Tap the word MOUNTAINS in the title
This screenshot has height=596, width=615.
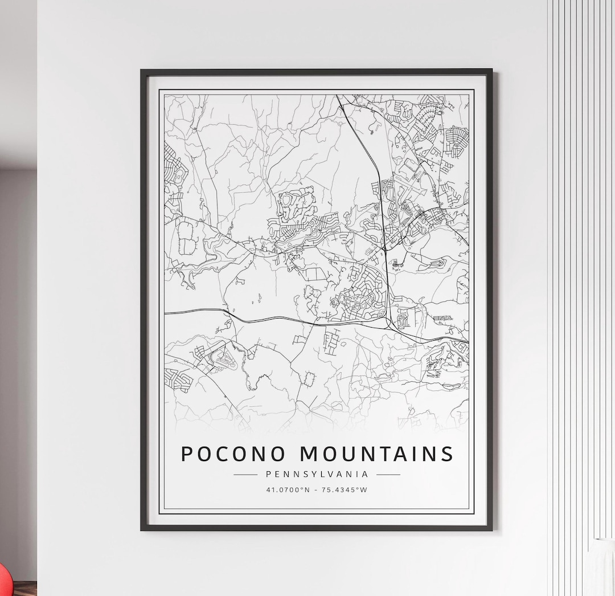pyautogui.click(x=377, y=454)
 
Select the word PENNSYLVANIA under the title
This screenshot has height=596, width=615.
pyautogui.click(x=317, y=474)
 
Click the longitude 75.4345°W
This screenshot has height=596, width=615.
pyautogui.click(x=345, y=489)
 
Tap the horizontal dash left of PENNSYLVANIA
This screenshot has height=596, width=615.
pyautogui.click(x=245, y=474)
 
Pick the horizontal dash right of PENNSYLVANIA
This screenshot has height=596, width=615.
pyautogui.click(x=388, y=474)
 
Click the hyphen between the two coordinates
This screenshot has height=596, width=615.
pyautogui.click(x=316, y=489)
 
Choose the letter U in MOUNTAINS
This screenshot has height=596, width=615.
pyautogui.click(x=349, y=454)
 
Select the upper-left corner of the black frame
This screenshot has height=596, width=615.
pyautogui.click(x=142, y=71)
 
